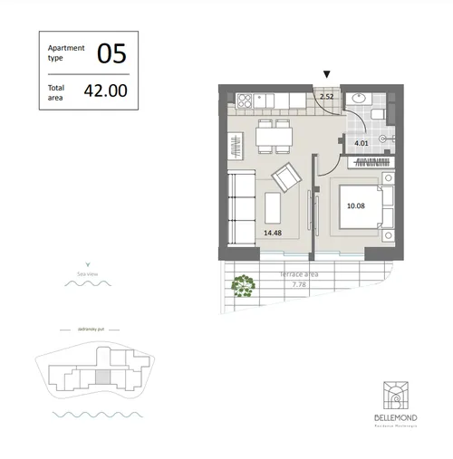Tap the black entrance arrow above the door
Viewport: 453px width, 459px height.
pos(327,75)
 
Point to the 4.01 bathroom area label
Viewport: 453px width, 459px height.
pos(361,142)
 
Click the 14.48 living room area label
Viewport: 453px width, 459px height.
pos(272,233)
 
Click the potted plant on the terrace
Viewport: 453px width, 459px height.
pos(242,286)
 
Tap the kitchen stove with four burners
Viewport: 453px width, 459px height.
pos(246,99)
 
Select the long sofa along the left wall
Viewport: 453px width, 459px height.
pos(238,209)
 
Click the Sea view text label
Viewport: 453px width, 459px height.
pos(88,272)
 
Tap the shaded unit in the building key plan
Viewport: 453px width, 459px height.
pos(103,375)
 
